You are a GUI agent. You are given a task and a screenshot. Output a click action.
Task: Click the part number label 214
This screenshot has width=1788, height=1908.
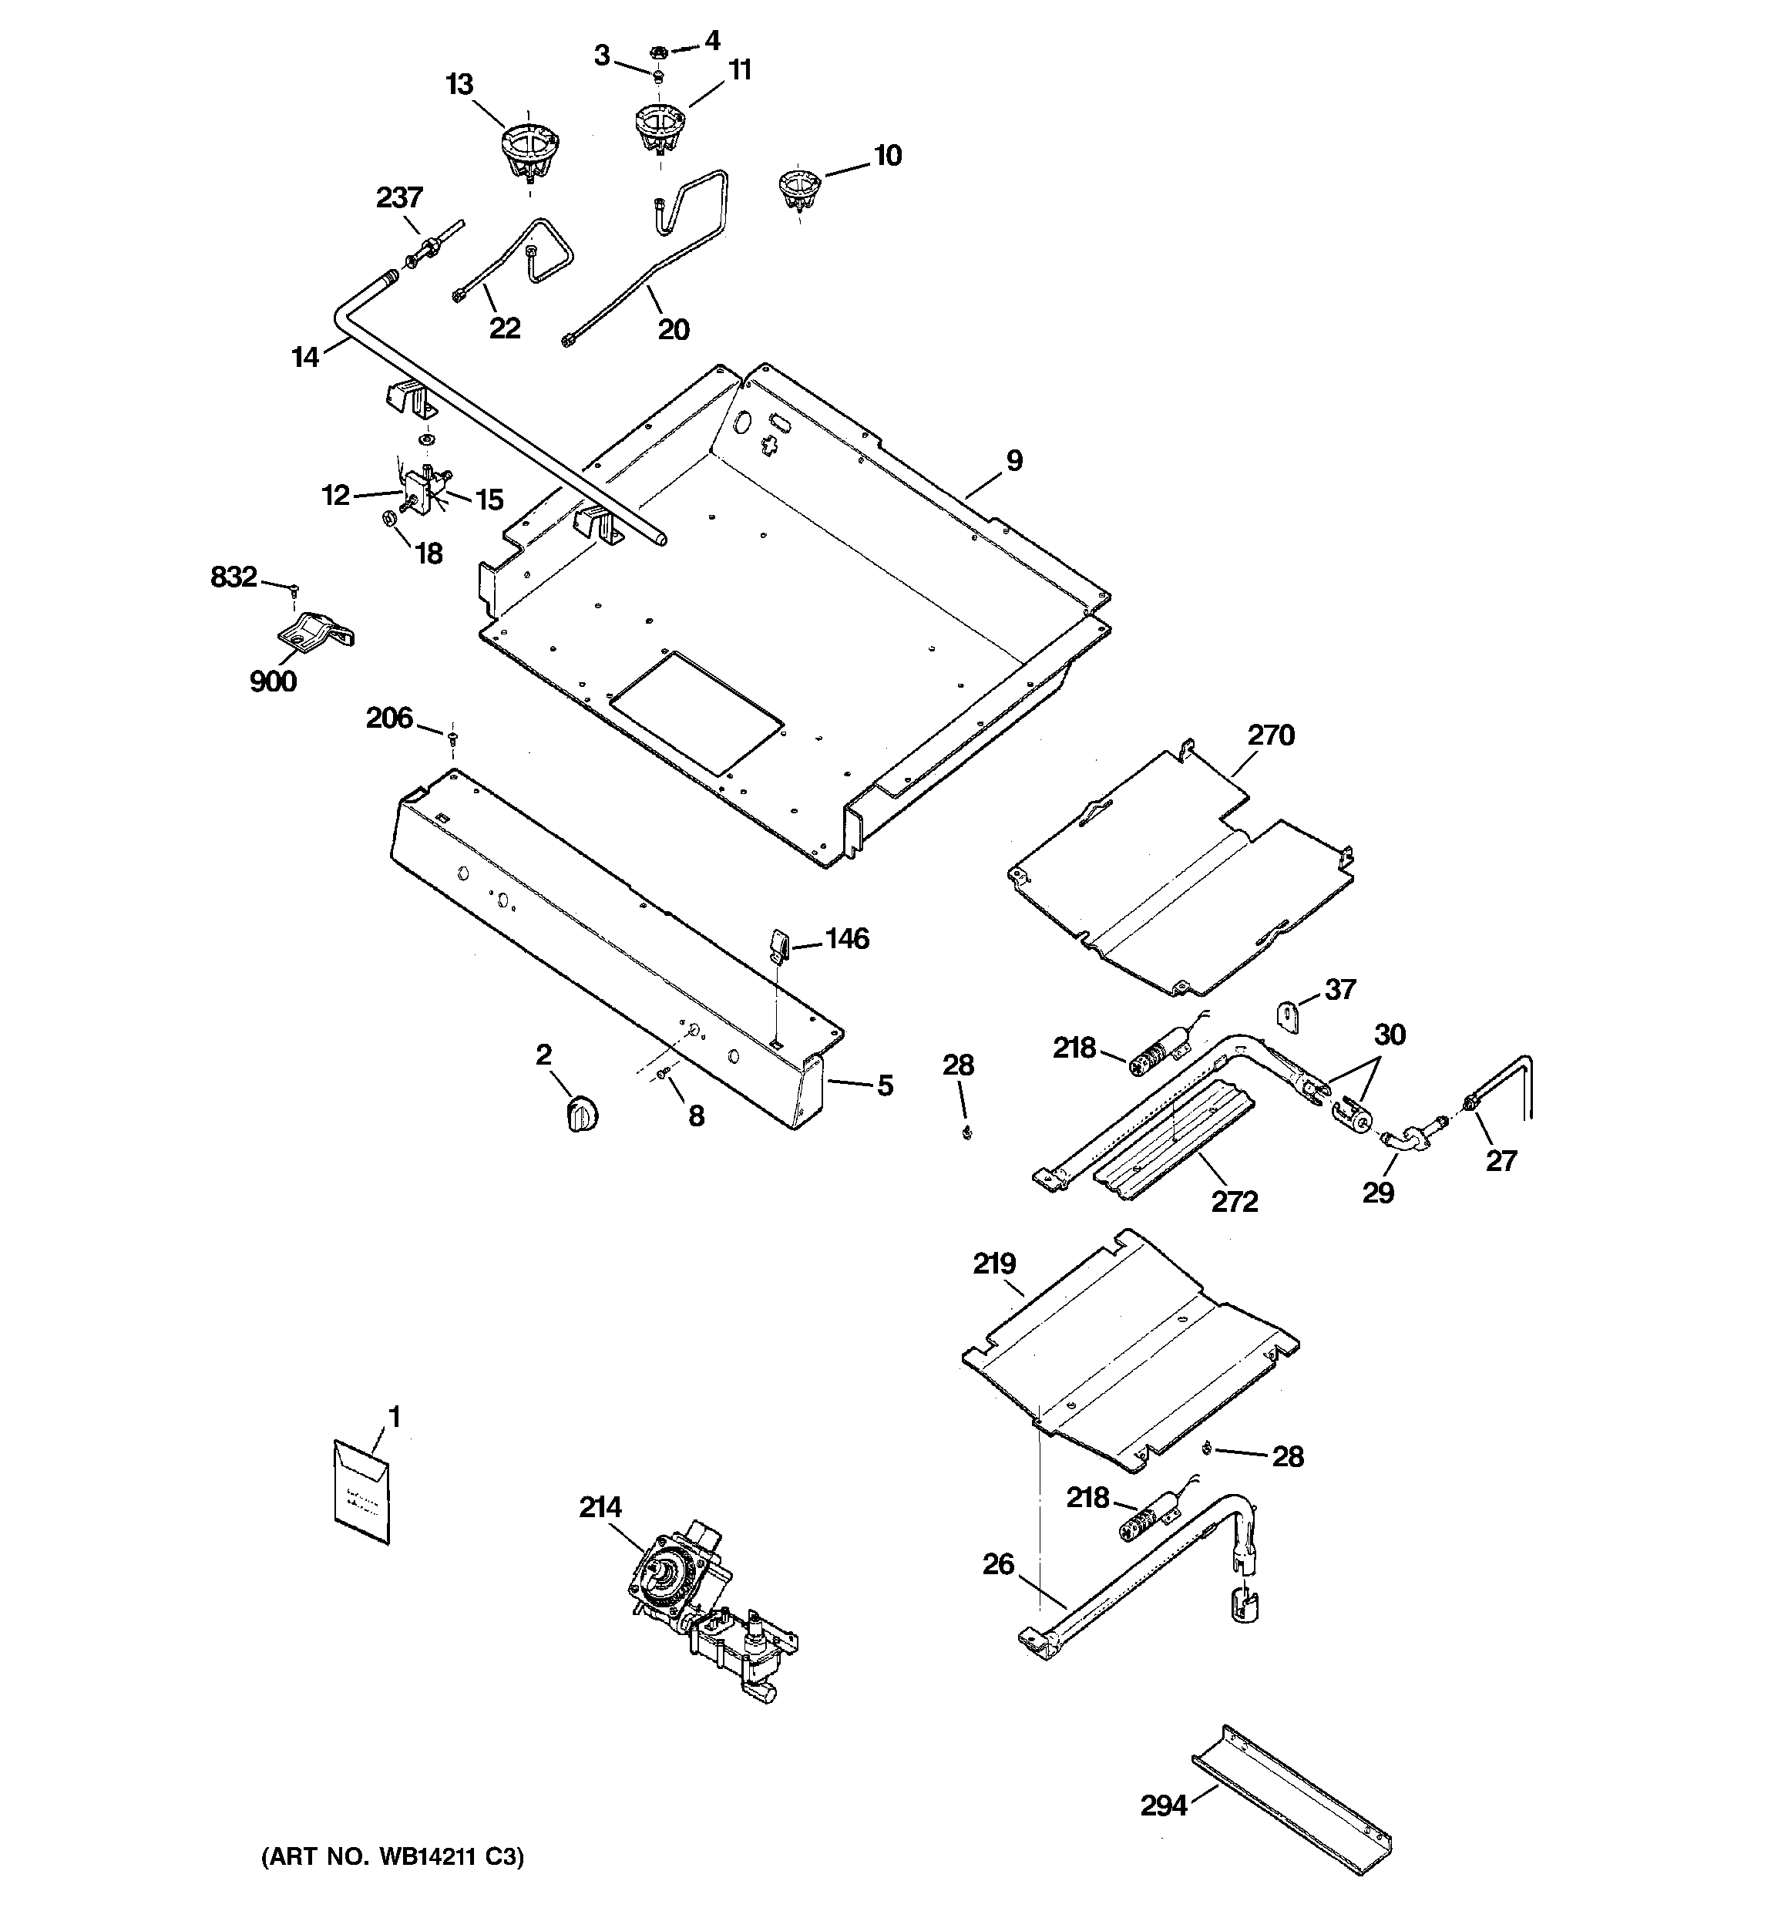(x=600, y=1507)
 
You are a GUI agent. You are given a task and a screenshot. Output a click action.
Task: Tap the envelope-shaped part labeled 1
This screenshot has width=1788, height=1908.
(x=361, y=1494)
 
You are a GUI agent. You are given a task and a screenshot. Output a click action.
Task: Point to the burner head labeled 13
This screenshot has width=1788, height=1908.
(x=529, y=153)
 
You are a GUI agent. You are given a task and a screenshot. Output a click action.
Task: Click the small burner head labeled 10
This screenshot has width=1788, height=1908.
(x=798, y=187)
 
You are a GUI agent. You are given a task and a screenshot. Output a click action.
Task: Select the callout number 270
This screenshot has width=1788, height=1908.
(x=1271, y=735)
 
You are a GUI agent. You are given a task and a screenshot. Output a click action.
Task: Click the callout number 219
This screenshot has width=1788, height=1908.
(x=994, y=1263)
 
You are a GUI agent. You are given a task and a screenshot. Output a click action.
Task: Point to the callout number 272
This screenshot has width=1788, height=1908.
(x=1234, y=1200)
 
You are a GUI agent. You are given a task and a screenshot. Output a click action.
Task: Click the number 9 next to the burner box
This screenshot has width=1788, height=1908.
(x=1014, y=461)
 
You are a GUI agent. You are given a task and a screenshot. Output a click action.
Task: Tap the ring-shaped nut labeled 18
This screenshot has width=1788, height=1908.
(x=388, y=520)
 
